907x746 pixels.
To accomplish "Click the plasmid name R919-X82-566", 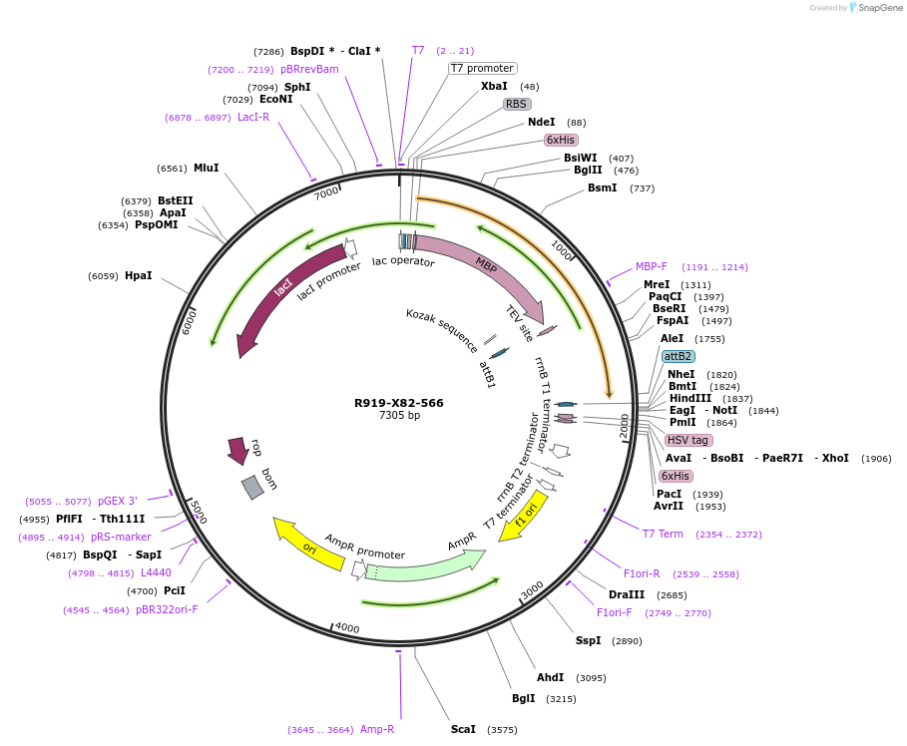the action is (399, 403).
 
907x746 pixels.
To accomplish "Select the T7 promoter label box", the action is (482, 69).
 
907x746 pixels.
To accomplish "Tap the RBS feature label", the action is (516, 104).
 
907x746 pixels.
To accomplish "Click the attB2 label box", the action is (679, 356).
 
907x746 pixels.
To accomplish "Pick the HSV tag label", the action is (688, 440).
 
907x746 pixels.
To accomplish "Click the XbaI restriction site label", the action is (494, 87).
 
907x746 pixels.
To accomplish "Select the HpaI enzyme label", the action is (139, 276).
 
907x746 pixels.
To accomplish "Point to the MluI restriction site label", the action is (207, 169).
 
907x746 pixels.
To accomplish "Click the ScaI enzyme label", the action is (463, 730).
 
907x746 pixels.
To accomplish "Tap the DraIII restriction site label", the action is (627, 595).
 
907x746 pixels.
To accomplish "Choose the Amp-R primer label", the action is (377, 730).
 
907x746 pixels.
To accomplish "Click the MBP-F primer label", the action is (652, 267).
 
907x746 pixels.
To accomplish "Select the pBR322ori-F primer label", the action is (167, 609).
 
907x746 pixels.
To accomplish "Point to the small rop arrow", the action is (237, 450).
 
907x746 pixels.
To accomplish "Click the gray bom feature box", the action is (252, 487).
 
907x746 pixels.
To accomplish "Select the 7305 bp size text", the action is (399, 416).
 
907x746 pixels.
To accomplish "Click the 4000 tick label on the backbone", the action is (347, 627).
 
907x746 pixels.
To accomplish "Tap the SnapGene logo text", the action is (878, 8).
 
